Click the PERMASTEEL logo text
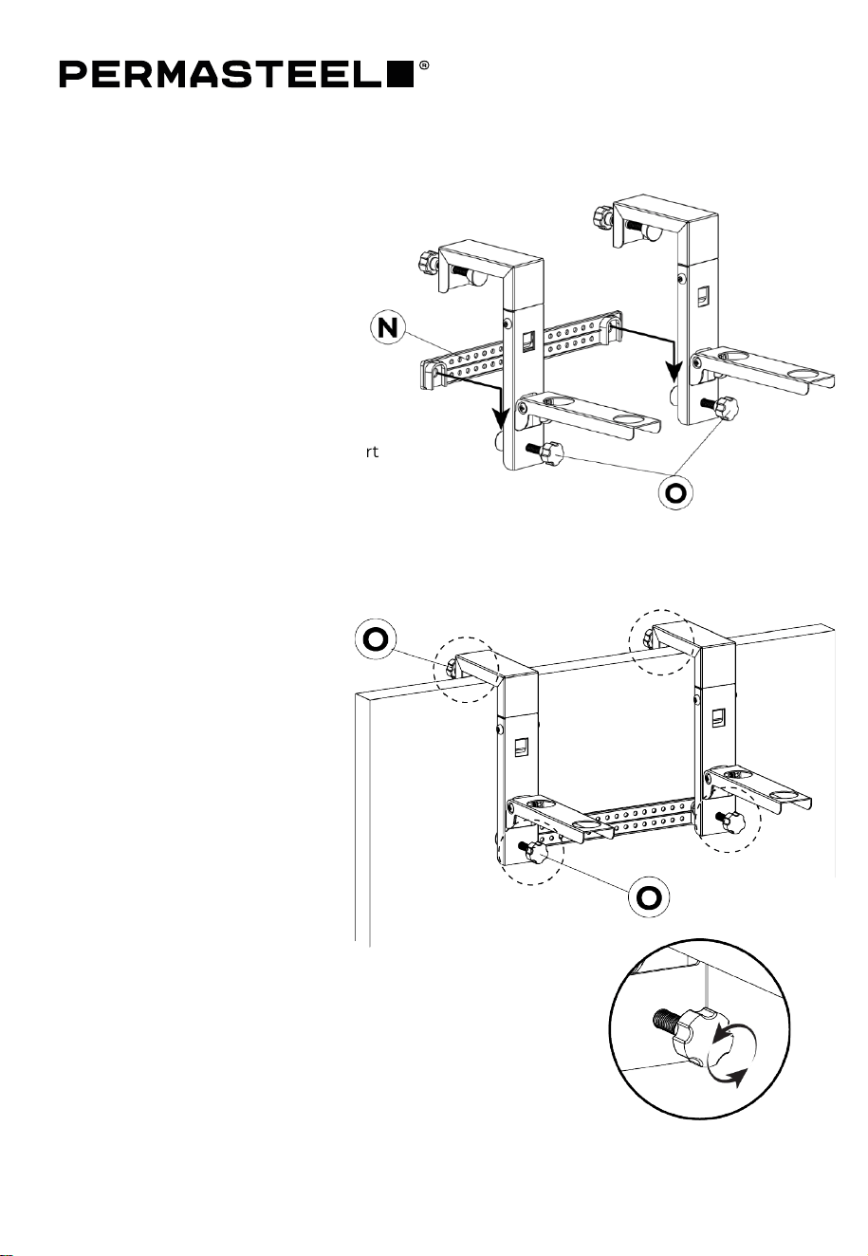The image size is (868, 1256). [x=223, y=75]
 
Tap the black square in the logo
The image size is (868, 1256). [x=401, y=75]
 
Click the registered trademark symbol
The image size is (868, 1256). [x=424, y=65]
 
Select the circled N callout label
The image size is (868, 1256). [x=387, y=328]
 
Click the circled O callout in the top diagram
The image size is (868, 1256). [x=675, y=492]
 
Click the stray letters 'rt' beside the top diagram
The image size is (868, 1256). [x=372, y=452]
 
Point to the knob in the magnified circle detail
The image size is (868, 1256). [x=694, y=1034]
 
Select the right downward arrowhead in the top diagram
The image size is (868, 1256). [x=674, y=373]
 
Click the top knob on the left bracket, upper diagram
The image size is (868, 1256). [x=428, y=263]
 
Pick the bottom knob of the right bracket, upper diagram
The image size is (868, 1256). [x=728, y=406]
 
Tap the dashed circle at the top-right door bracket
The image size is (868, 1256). [x=661, y=641]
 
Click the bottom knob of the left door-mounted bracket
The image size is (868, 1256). [x=537, y=853]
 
